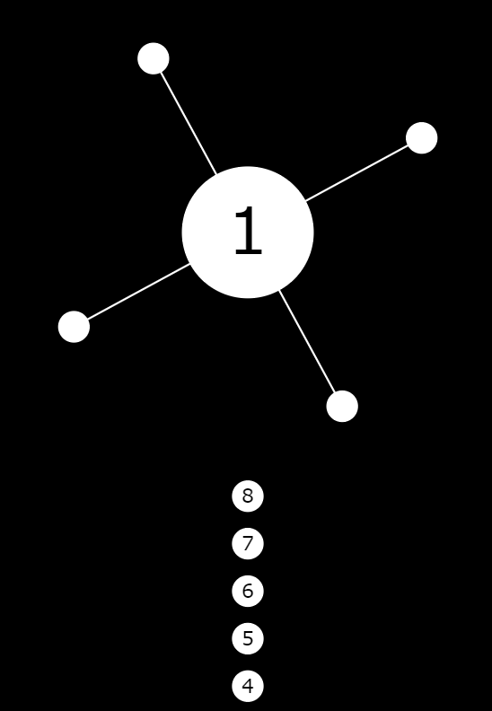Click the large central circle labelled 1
click(248, 233)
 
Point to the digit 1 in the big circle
click(248, 231)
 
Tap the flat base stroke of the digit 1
click(249, 252)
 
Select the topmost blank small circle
click(154, 58)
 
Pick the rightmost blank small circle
click(422, 138)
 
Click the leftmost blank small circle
click(74, 327)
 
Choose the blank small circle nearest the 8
click(342, 407)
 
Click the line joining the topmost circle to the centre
click(189, 123)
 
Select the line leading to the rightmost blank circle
click(356, 172)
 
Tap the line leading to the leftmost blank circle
click(138, 292)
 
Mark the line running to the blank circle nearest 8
click(306, 341)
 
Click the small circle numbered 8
click(248, 496)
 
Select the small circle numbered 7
click(248, 544)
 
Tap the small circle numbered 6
click(248, 591)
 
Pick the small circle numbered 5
click(248, 638)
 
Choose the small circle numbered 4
click(248, 686)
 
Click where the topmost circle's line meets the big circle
click(215, 174)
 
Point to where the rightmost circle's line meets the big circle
click(305, 200)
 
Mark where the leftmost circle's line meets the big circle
click(189, 264)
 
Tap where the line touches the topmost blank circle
click(161, 73)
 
